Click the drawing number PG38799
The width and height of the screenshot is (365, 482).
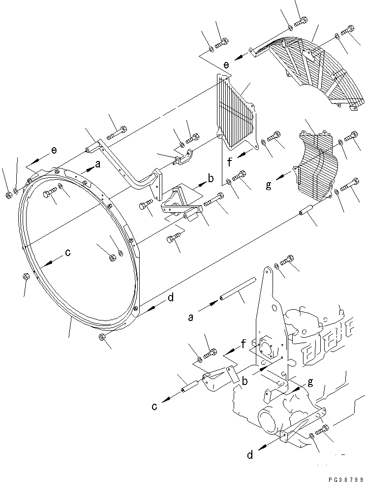(341, 477)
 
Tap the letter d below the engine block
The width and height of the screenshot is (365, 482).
(251, 455)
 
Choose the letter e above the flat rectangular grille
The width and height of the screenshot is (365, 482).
(226, 64)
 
